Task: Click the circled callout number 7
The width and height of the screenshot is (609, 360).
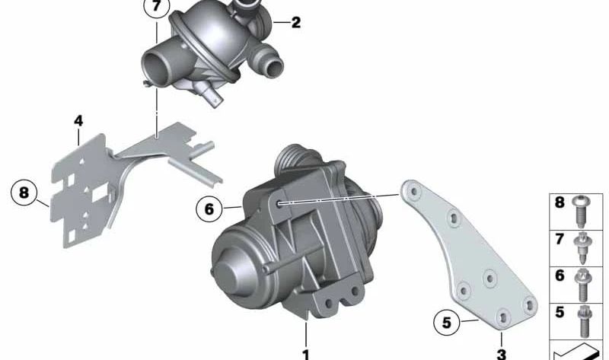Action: (157, 7)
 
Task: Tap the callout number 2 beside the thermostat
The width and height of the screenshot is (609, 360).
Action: (296, 23)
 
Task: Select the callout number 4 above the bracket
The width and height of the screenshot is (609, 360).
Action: (78, 121)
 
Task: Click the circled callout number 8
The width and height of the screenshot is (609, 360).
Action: (24, 193)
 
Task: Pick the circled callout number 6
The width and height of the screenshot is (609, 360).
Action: (209, 209)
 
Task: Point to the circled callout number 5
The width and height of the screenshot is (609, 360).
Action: (447, 322)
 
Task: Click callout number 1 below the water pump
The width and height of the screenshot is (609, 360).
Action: (306, 355)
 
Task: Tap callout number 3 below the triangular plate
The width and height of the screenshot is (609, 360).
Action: (502, 355)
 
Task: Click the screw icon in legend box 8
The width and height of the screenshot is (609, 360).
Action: (581, 212)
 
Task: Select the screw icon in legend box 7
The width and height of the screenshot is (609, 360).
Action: (582, 248)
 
